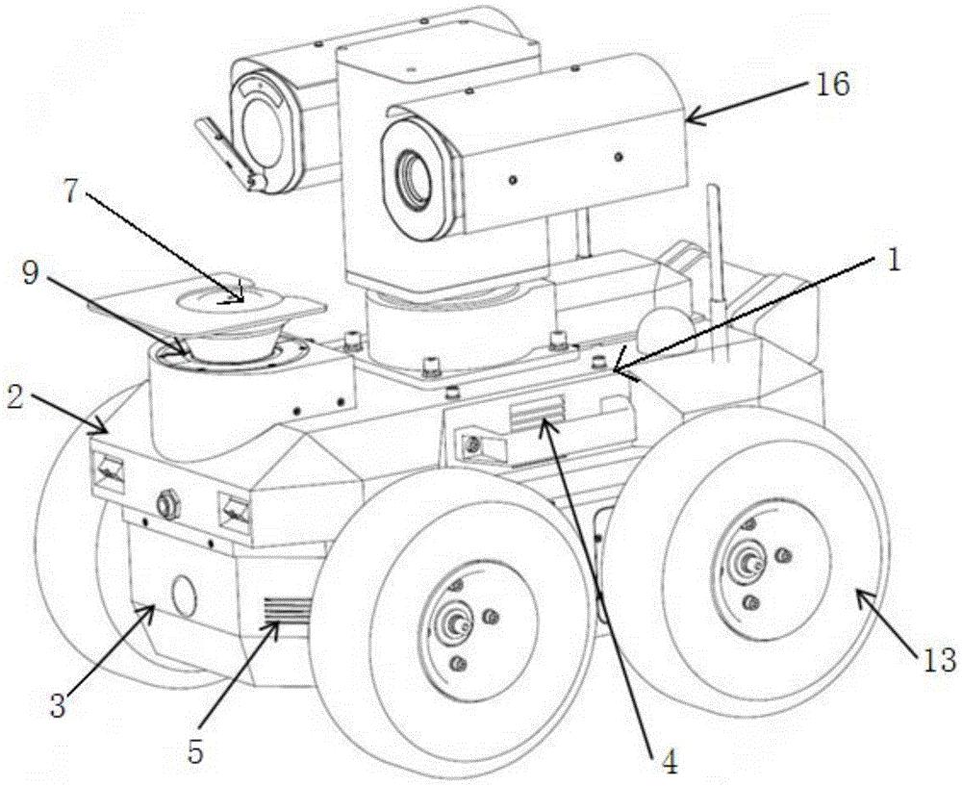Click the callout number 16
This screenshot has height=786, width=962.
(x=831, y=84)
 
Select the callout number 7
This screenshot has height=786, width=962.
(x=71, y=193)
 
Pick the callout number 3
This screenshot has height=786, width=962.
(x=57, y=707)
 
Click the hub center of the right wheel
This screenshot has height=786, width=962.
(x=748, y=561)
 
